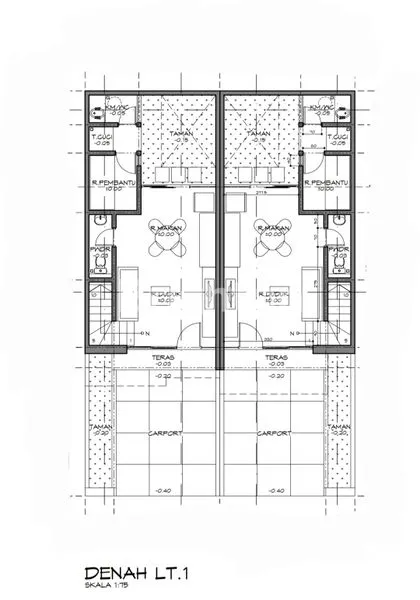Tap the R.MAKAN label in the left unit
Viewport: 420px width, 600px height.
click(x=163, y=228)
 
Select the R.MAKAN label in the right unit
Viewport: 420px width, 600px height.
click(x=272, y=228)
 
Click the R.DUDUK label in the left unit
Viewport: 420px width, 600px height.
click(x=164, y=293)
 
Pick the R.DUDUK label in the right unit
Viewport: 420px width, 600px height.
click(x=272, y=293)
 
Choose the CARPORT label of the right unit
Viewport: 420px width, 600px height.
click(x=273, y=434)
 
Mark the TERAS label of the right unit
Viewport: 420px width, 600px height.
click(x=276, y=356)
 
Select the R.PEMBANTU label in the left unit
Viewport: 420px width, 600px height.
click(x=107, y=183)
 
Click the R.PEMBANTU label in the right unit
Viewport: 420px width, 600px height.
click(x=329, y=183)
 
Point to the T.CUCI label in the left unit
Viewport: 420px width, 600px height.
click(x=100, y=137)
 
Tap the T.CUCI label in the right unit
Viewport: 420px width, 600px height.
click(x=337, y=137)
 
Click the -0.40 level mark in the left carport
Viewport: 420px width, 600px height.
click(x=164, y=490)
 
